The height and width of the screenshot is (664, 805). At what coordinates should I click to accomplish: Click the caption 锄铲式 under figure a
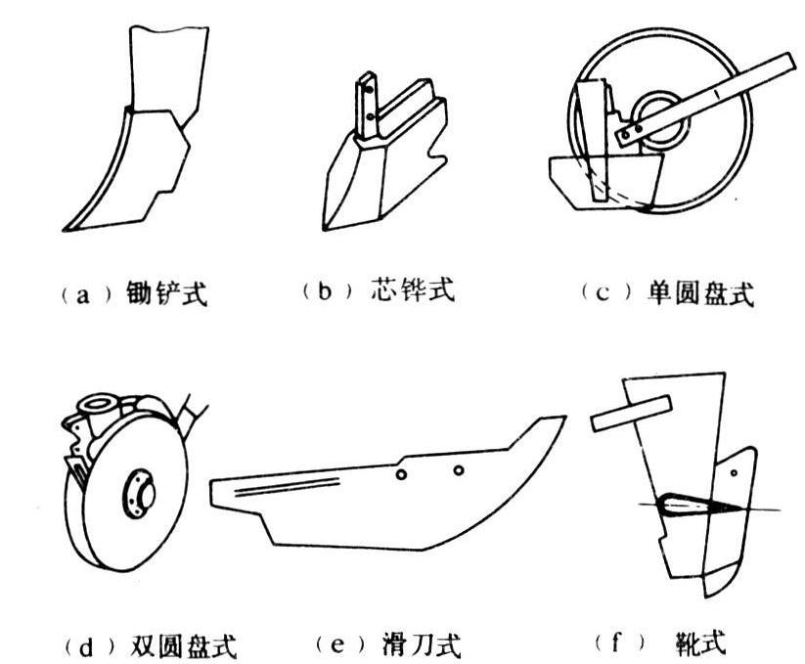tap(167, 294)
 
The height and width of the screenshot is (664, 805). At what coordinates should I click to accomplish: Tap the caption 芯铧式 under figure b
tap(412, 289)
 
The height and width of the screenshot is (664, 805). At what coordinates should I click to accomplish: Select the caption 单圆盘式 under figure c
tap(700, 294)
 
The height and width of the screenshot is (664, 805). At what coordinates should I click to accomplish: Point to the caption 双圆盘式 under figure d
tap(184, 645)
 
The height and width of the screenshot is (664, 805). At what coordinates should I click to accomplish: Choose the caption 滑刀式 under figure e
tap(422, 645)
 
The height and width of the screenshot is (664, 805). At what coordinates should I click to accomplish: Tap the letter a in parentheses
tap(83, 296)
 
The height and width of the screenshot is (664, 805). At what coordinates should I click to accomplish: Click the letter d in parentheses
tap(86, 648)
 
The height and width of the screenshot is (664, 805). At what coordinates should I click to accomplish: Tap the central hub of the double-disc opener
tap(140, 495)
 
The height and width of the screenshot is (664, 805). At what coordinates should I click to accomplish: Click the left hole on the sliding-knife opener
tap(401, 474)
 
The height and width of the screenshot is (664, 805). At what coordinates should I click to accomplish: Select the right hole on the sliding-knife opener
tap(459, 469)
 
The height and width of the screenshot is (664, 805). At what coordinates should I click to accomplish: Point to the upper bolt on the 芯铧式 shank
tap(369, 90)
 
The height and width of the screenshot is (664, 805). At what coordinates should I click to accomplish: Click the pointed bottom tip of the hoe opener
tap(65, 231)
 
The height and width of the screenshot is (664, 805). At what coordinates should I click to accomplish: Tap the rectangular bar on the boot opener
tap(631, 414)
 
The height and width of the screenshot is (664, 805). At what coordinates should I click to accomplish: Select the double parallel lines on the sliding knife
tap(288, 486)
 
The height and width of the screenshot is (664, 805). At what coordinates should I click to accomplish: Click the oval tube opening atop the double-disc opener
tap(98, 403)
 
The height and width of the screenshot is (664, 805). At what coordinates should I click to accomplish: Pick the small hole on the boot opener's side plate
tap(734, 472)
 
